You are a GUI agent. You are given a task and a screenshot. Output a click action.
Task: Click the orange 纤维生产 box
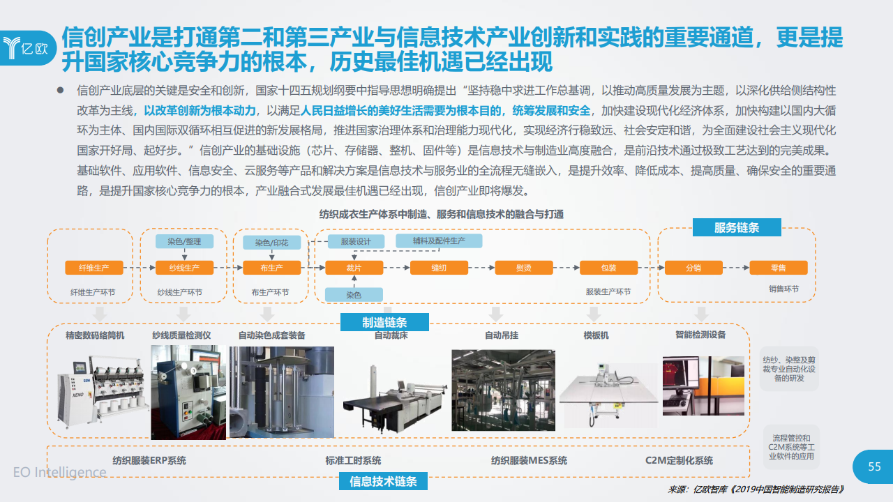[94, 268]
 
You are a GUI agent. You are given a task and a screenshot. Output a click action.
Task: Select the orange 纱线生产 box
[184, 268]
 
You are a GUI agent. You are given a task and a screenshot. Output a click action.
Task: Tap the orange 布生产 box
[272, 268]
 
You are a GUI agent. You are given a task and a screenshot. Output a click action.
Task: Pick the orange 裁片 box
[354, 268]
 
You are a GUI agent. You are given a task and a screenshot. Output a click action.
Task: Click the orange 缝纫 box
[439, 268]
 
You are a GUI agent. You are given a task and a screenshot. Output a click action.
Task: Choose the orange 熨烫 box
[524, 268]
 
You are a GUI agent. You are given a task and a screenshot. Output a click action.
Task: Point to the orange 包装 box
[609, 268]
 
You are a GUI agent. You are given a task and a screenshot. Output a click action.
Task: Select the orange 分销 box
[693, 268]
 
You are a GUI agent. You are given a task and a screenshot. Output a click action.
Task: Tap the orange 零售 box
[779, 268]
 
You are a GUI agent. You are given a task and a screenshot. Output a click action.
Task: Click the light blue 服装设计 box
[356, 241]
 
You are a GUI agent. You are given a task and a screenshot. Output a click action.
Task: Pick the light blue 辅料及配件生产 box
[439, 241]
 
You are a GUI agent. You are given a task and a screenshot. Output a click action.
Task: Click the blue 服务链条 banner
[737, 227]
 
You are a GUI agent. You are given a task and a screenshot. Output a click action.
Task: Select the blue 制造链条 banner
[384, 322]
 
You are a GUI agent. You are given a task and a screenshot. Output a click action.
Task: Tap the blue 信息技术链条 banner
[383, 481]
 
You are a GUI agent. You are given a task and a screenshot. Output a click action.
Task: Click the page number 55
[874, 466]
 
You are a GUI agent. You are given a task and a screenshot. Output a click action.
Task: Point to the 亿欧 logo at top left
[27, 48]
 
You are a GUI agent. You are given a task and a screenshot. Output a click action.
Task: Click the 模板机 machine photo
[608, 395]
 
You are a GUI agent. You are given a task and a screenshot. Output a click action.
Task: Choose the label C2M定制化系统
[679, 461]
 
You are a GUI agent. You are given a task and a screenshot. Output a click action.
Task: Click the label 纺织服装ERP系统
[149, 461]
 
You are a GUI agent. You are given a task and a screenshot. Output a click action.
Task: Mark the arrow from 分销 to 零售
[736, 268]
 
